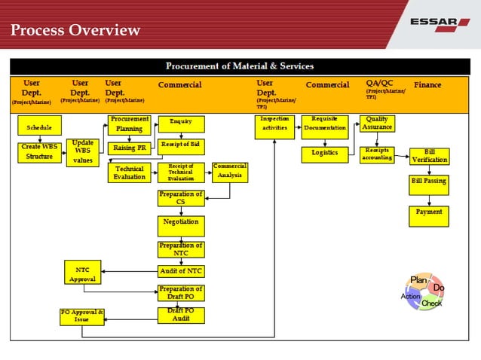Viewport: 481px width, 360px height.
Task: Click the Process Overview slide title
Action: tap(76, 30)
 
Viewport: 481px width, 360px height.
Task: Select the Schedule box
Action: tap(39, 127)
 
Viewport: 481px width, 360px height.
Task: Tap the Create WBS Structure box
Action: tap(39, 152)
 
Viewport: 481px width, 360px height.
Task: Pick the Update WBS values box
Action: tap(82, 151)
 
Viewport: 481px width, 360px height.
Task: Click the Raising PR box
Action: tap(130, 148)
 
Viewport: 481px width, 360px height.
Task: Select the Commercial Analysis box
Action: tap(229, 172)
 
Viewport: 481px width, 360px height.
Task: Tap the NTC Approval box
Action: tap(82, 272)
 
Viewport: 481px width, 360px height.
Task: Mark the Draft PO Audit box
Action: tap(181, 315)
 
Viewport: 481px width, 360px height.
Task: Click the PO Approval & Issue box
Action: tap(81, 316)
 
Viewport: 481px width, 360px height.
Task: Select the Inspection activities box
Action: tap(274, 127)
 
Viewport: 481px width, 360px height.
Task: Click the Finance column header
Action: tap(427, 85)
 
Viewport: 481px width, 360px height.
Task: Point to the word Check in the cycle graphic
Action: tap(431, 304)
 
